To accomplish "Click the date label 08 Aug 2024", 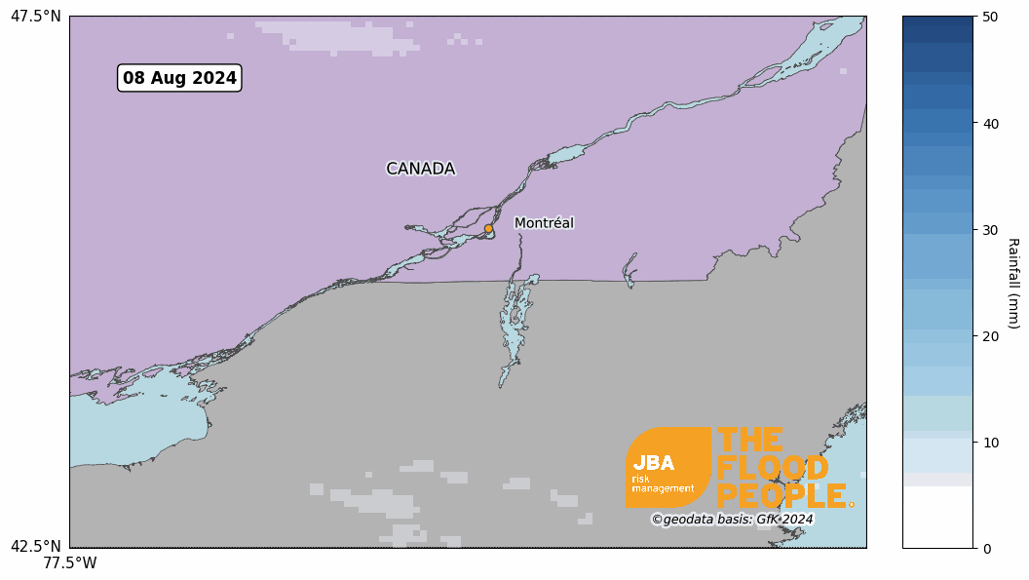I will coord(179,78).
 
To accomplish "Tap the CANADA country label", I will coord(420,169).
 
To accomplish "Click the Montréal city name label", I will coord(544,223).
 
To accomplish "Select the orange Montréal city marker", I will coord(488,229).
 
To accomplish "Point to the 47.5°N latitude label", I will coord(36,17).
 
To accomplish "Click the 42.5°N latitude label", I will coord(36,547).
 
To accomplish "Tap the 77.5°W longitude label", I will coord(70,563).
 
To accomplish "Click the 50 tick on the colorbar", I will coord(990,17).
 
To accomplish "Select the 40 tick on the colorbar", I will coord(990,123).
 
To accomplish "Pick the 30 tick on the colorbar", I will coord(990,229).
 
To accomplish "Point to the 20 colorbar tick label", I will coord(990,335).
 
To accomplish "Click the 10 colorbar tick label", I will coord(990,442).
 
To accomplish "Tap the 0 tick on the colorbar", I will coord(986,548).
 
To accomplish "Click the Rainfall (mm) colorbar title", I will coord(1013,283).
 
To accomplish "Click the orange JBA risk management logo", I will coord(667,468).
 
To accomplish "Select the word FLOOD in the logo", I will coord(764,468).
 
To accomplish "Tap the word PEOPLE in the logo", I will coord(781,495).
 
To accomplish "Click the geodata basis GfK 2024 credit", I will coord(732,520).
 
